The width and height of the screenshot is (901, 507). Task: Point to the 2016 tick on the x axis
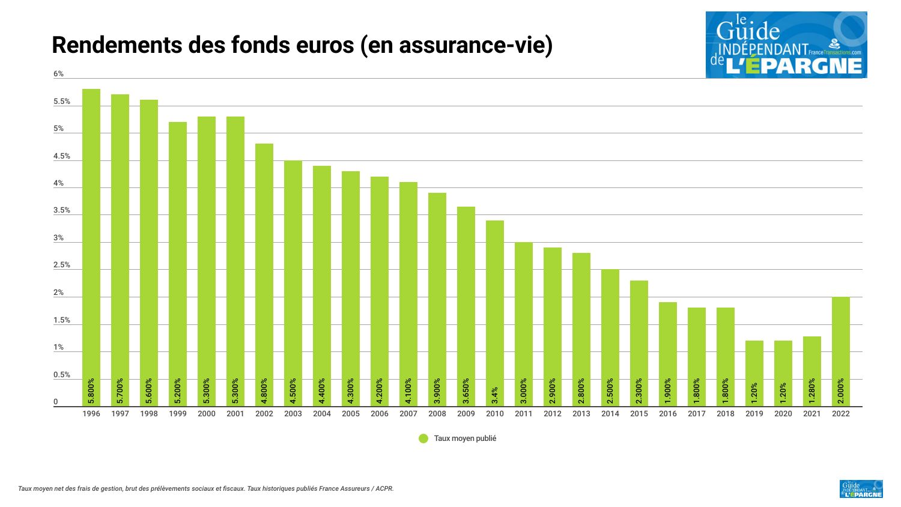tap(668, 414)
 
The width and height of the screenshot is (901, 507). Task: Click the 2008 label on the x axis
tap(437, 414)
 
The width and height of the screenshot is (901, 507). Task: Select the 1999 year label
tap(178, 414)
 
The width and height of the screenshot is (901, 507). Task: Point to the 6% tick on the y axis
tap(58, 74)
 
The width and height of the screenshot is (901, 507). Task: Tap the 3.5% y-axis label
tap(62, 211)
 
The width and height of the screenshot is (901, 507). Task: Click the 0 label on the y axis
tap(56, 402)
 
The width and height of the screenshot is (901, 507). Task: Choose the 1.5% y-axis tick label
tap(62, 321)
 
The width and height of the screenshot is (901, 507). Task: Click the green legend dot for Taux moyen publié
tap(423, 439)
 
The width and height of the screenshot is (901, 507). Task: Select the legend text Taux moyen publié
tap(465, 439)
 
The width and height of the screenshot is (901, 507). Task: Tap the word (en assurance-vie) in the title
tap(457, 46)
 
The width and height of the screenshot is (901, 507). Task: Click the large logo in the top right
tap(786, 44)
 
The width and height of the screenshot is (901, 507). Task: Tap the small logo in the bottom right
tap(861, 489)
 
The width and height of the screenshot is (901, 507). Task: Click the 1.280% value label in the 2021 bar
tap(812, 390)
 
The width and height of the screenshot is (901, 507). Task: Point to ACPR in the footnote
tap(384, 489)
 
